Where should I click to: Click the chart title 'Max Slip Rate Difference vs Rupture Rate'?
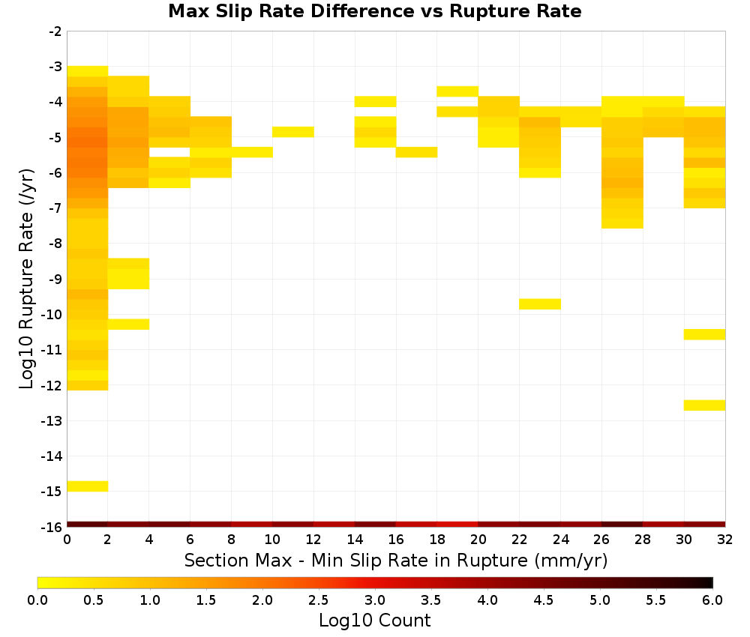[x=375, y=11]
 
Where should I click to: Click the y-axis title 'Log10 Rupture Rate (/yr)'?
[x=26, y=279]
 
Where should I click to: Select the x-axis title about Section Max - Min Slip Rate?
[x=396, y=560]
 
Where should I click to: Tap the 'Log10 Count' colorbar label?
[x=374, y=621]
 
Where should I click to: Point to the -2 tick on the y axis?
[x=55, y=31]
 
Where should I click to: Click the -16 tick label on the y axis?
[x=52, y=527]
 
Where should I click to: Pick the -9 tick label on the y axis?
[x=55, y=279]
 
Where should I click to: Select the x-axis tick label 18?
[x=437, y=540]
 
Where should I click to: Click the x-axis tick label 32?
[x=725, y=540]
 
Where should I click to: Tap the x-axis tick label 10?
[x=272, y=540]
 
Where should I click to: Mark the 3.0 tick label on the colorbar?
[x=375, y=600]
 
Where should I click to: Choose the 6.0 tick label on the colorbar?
[x=712, y=600]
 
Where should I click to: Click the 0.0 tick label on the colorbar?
[x=37, y=600]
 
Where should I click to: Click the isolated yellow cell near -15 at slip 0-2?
[x=88, y=486]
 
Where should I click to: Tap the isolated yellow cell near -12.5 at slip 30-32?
[x=704, y=405]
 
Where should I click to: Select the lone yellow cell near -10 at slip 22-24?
[x=540, y=304]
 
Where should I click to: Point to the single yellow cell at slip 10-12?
[x=293, y=132]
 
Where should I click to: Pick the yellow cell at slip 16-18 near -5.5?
[x=416, y=152]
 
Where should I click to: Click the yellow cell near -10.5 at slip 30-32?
[x=704, y=334]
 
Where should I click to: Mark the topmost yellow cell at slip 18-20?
[x=457, y=91]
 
